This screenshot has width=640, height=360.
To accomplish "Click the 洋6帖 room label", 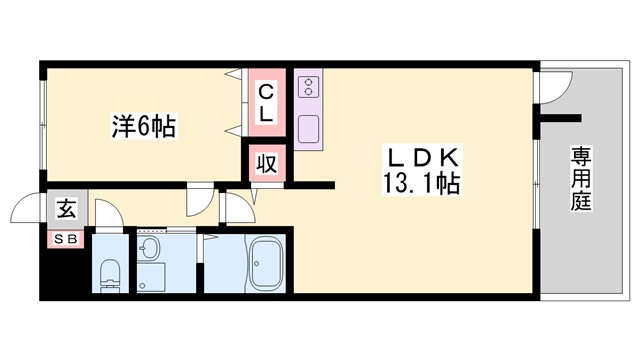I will coord(142,127).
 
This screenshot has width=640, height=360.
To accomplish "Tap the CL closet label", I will coord(266,103).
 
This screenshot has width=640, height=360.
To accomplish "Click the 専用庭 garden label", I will coord(582,180).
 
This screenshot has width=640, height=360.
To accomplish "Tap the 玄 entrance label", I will coord(65,210).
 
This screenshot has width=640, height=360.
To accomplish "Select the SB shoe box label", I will coord(65,238).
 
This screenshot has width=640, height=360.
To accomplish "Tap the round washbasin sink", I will coord(151,249).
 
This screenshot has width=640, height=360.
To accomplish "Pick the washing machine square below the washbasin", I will coord(151,277).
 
